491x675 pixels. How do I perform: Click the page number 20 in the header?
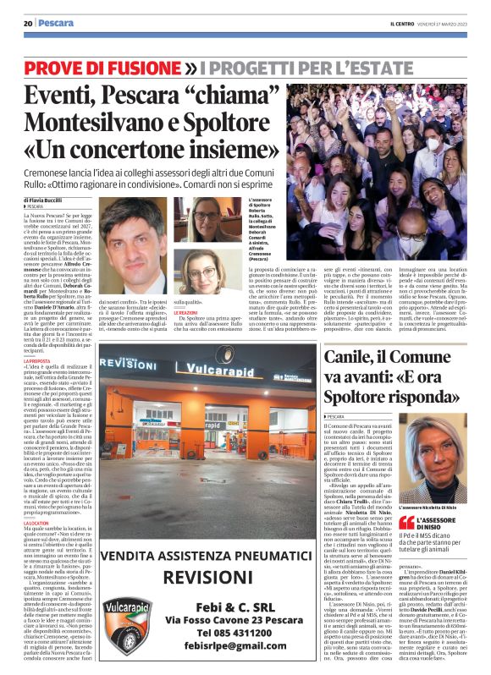pyautogui.click(x=28, y=23)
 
